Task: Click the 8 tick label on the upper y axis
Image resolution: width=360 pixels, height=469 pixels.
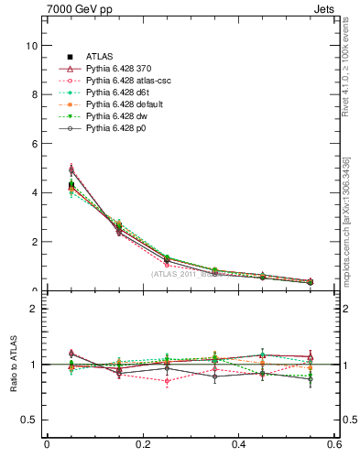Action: point(34,94)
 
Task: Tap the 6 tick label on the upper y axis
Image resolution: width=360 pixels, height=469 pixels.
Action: point(34,144)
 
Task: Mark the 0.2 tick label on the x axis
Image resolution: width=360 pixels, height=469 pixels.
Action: point(142,445)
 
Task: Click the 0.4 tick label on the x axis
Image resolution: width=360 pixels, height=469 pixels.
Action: point(238,445)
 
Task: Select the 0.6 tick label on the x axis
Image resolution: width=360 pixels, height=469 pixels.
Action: point(333,445)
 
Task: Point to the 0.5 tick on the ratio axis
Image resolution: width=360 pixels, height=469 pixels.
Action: point(30,420)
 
